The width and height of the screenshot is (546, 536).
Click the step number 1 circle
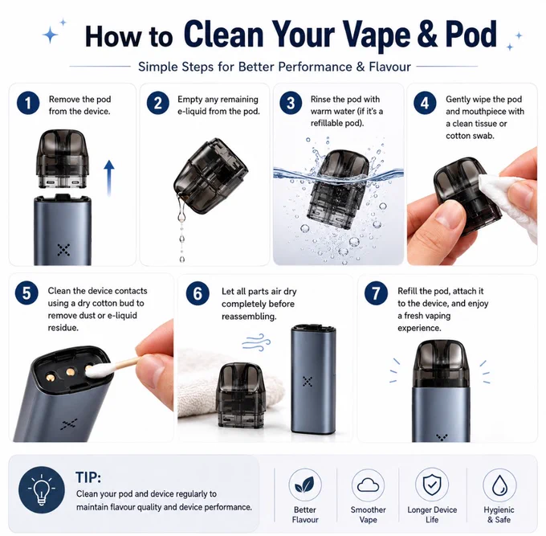tap(28, 103)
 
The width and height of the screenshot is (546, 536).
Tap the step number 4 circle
tap(425, 103)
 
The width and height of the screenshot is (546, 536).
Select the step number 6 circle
tap(198, 293)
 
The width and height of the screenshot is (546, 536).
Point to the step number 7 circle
tap(376, 293)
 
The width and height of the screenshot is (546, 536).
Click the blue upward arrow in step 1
tap(109, 178)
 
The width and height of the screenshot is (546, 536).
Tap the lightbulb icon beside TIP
tap(42, 489)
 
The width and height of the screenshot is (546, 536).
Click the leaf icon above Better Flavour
tap(304, 485)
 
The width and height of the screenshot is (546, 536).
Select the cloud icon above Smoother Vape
tap(368, 485)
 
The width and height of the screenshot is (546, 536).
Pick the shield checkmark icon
tap(432, 485)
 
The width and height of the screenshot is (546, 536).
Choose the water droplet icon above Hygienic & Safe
tap(499, 485)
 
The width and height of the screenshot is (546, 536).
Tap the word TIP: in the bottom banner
tap(88, 477)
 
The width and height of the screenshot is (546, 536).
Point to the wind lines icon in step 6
tap(256, 342)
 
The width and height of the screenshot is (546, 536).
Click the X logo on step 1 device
tap(63, 250)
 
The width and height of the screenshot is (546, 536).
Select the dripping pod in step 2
tap(211, 176)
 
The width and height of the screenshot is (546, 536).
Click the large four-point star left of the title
tap(51, 35)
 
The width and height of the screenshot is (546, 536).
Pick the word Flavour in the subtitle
tap(390, 67)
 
